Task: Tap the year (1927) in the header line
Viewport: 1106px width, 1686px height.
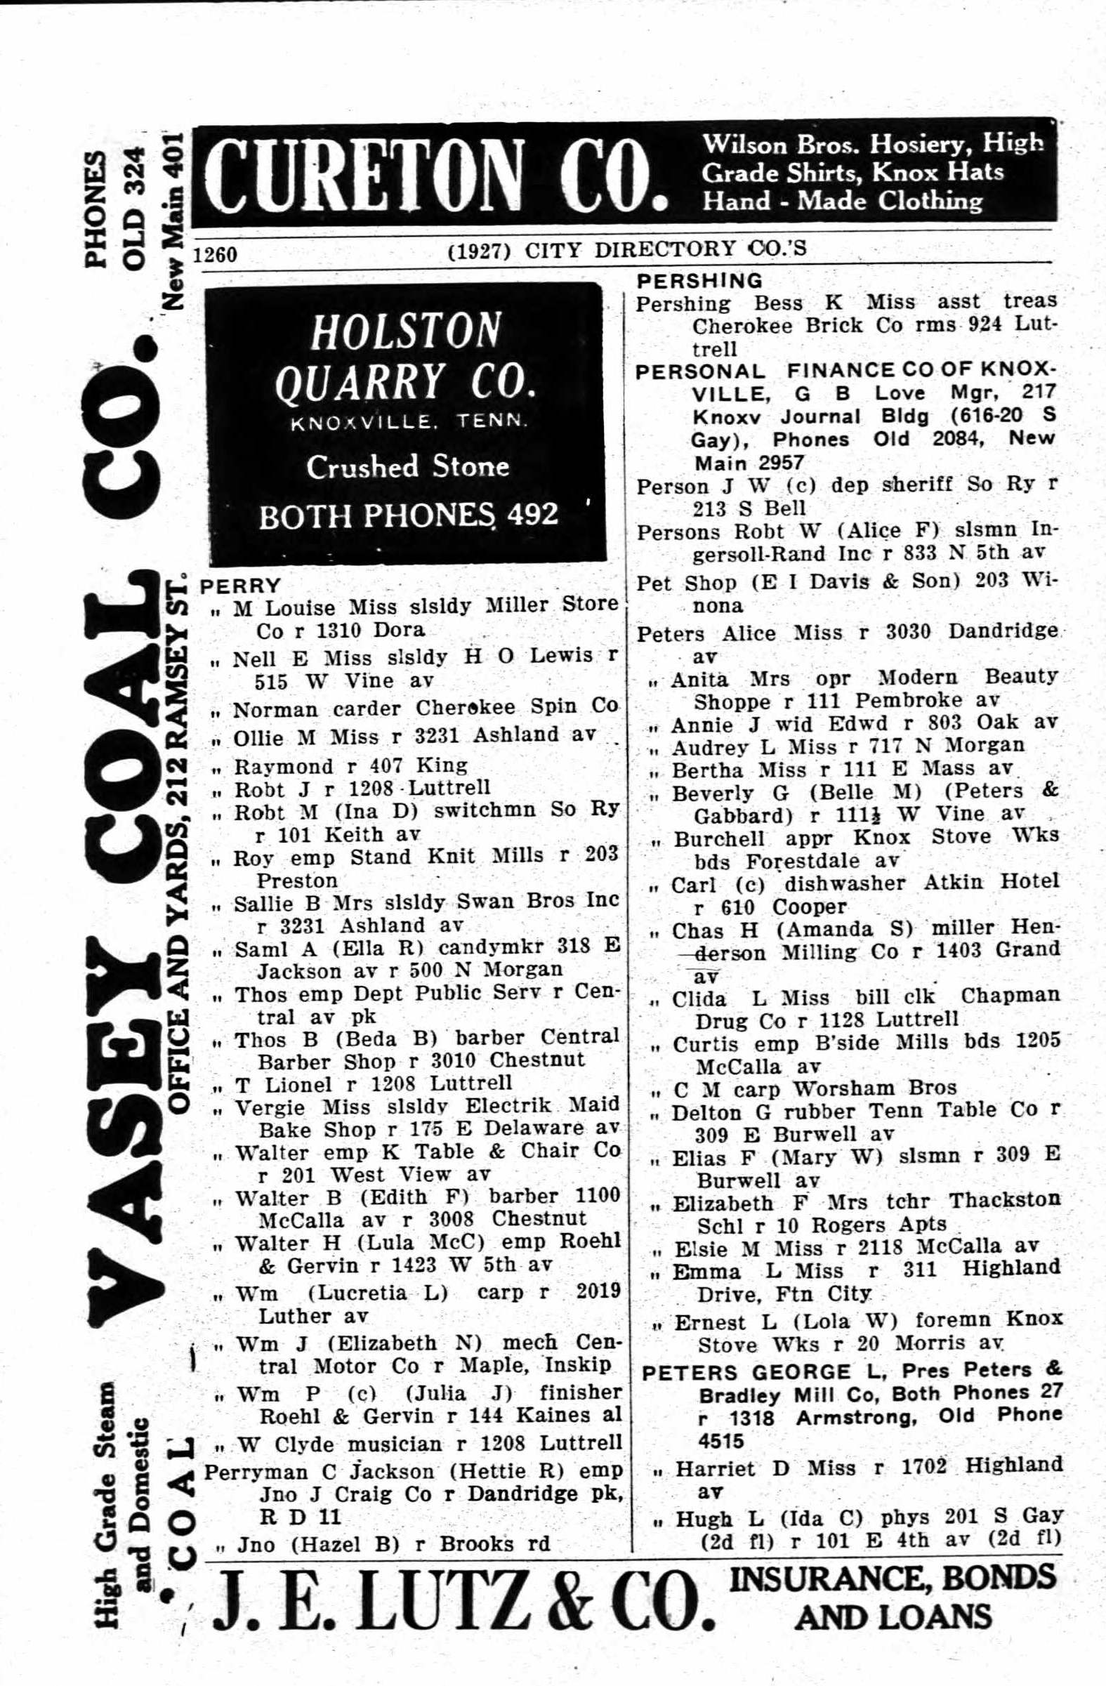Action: (x=480, y=250)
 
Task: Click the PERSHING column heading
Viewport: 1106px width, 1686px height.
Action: (x=699, y=280)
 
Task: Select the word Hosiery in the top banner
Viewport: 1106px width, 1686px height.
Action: (x=914, y=145)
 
